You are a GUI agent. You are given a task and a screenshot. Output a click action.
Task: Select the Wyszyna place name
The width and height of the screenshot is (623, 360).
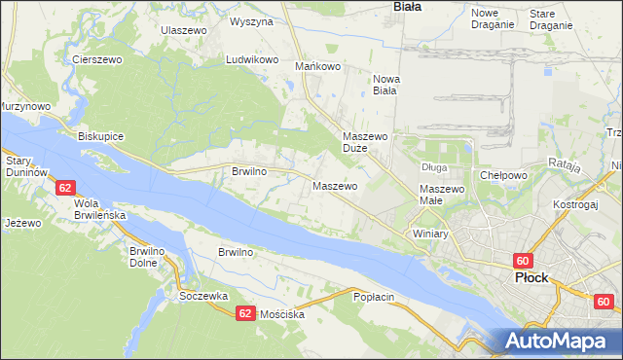tap(250, 20)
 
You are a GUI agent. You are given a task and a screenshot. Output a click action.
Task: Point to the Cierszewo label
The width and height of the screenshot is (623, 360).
tap(95, 59)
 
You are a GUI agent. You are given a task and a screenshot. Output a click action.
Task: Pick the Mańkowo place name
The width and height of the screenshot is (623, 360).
tap(317, 67)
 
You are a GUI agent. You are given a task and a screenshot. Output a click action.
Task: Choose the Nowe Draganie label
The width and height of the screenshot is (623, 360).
tap(492, 18)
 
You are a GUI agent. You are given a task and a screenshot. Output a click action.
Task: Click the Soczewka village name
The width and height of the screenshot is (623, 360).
tap(202, 296)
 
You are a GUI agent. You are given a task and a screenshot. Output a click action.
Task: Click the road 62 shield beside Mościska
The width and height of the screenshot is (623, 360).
tap(245, 313)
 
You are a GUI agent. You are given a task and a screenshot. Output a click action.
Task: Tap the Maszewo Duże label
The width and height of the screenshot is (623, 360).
tap(366, 143)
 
